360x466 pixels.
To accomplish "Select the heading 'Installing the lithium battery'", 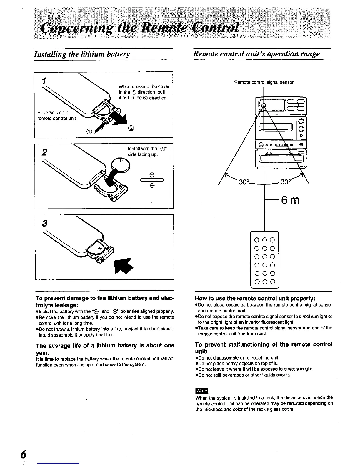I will click(82, 54).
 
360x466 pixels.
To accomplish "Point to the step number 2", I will click(44, 152).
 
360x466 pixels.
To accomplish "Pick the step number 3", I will click(44, 224).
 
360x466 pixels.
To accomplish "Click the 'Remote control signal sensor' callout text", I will click(264, 82).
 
